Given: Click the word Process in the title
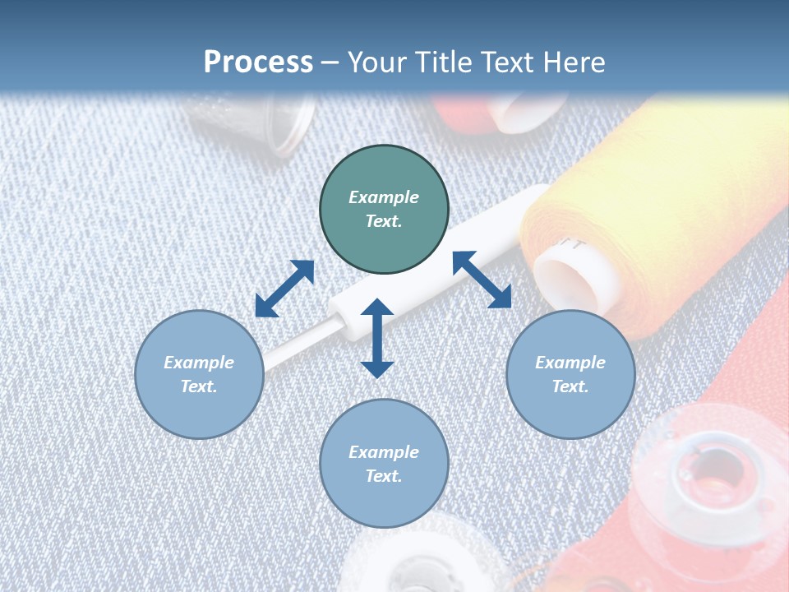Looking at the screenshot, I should [x=258, y=62].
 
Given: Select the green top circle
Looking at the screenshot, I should [x=384, y=210].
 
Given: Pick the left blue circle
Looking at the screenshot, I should [x=199, y=374].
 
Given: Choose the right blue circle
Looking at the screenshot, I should [x=570, y=374].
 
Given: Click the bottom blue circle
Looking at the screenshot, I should [x=384, y=464].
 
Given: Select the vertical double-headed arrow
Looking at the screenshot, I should [x=377, y=338].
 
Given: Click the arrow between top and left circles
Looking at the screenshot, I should [x=284, y=289].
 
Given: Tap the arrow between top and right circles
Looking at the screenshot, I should [x=482, y=280].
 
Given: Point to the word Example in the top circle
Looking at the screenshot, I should [x=384, y=197].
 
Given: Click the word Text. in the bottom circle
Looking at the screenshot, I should [x=384, y=476].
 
